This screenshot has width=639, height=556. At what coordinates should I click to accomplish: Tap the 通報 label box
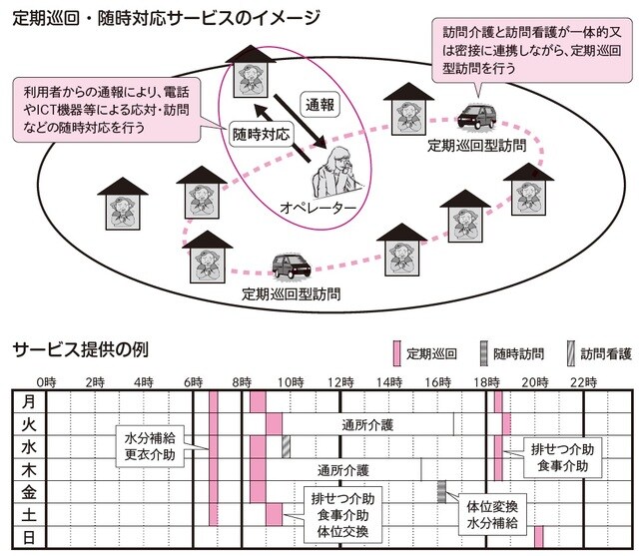point(320,102)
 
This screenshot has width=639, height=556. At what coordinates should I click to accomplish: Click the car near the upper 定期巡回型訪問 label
point(472,118)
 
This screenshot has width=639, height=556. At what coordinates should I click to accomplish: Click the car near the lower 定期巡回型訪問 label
point(292,265)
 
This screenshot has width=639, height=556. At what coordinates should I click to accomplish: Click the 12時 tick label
point(340,382)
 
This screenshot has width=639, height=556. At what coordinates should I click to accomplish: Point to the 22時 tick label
point(584,382)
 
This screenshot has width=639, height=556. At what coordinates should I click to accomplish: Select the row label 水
point(29,446)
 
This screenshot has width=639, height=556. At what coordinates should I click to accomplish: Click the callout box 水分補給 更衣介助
point(151,446)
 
